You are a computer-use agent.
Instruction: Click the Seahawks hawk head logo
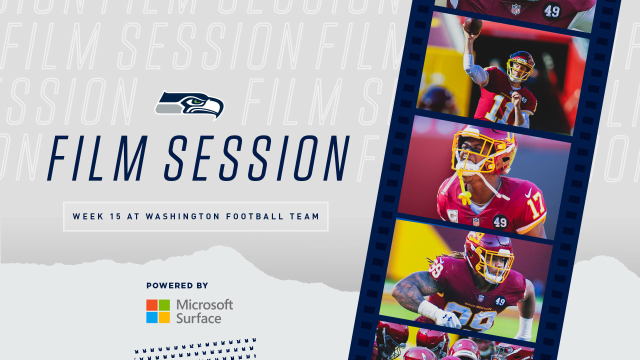pyautogui.click(x=190, y=104)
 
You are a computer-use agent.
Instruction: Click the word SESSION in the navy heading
pyautogui.click(x=257, y=158)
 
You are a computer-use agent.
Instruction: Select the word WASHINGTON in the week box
pyautogui.click(x=182, y=216)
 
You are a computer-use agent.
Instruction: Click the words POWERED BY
pyautogui.click(x=177, y=285)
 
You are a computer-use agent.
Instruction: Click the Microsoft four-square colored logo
pyautogui.click(x=158, y=311)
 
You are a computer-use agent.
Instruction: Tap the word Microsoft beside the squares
pyautogui.click(x=204, y=304)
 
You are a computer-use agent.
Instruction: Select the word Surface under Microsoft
pyautogui.click(x=198, y=318)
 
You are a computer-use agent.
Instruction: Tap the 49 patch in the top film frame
pyautogui.click(x=551, y=9)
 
